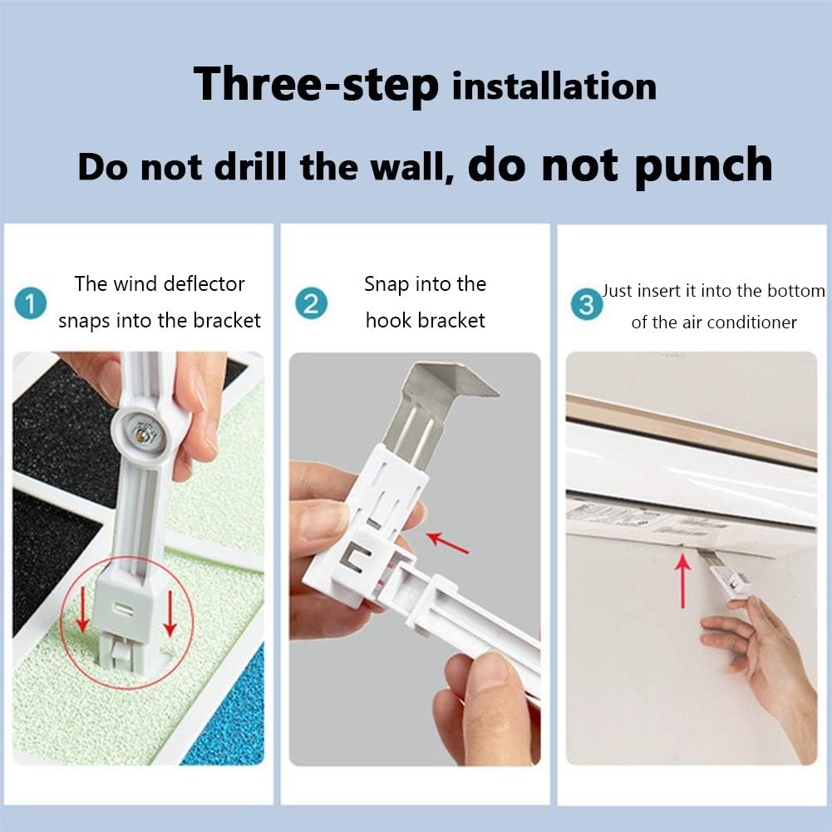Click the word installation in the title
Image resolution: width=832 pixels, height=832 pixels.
pos(554,86)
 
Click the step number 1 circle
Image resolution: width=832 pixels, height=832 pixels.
pos(32,303)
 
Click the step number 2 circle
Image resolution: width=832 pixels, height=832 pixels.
pos(311,303)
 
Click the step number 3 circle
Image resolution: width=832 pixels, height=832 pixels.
pos(587,305)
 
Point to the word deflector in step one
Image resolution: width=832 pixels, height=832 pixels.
pos(204,284)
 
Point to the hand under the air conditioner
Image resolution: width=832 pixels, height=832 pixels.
pos(752,648)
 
